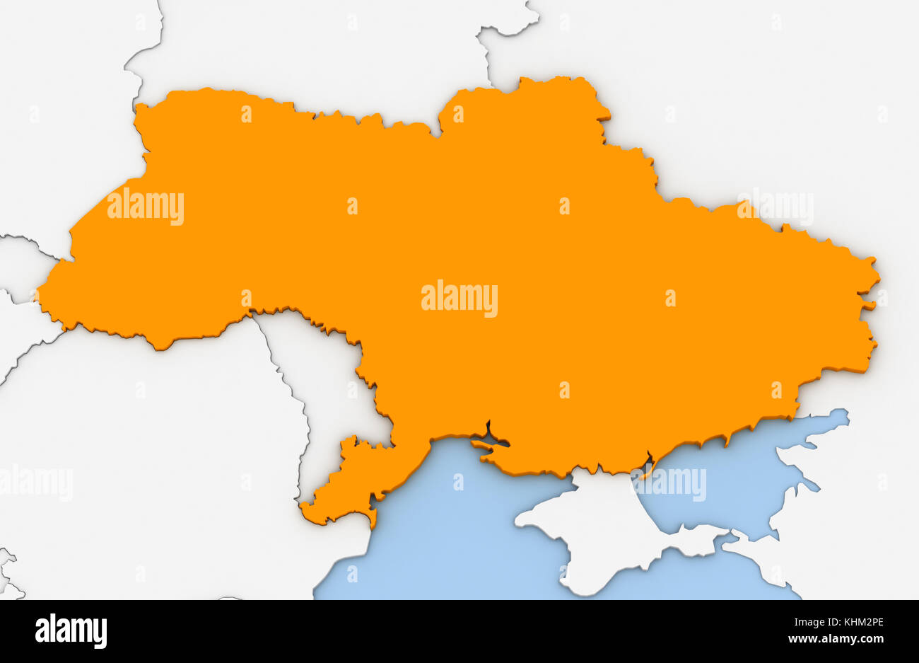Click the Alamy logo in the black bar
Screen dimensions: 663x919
coord(71,631)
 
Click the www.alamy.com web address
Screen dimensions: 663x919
coord(836,640)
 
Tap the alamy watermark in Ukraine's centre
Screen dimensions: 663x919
coord(459,299)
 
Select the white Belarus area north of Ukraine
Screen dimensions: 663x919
coord(318,50)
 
